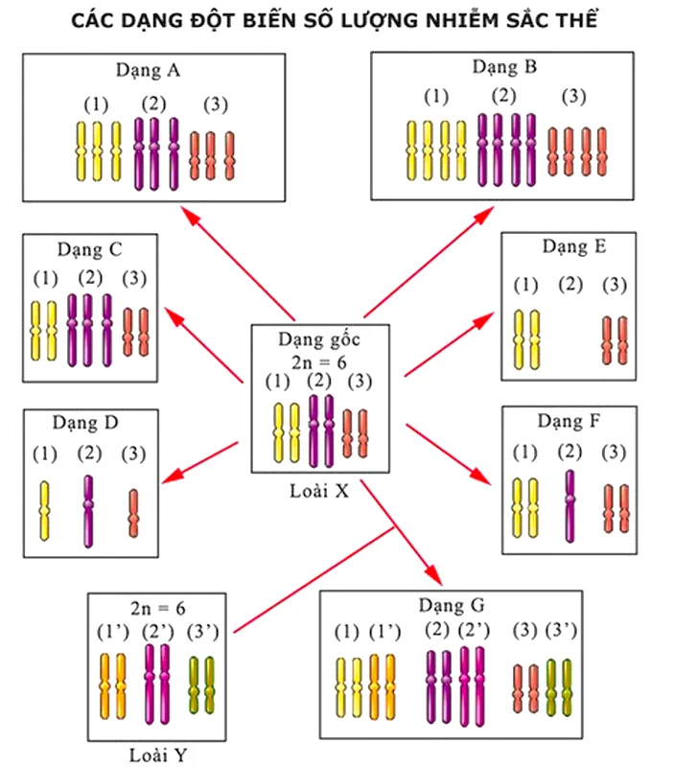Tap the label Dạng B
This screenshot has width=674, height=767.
(503, 67)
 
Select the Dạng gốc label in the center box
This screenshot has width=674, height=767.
(319, 338)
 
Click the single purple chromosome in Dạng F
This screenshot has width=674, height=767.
(569, 506)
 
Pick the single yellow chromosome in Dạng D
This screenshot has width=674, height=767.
(44, 510)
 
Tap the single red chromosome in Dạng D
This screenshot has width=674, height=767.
(133, 513)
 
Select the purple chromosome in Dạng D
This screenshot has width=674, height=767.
(88, 511)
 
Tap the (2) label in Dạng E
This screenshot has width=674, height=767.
(569, 285)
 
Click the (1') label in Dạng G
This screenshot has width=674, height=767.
(384, 631)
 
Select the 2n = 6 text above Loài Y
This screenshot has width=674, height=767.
(158, 608)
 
